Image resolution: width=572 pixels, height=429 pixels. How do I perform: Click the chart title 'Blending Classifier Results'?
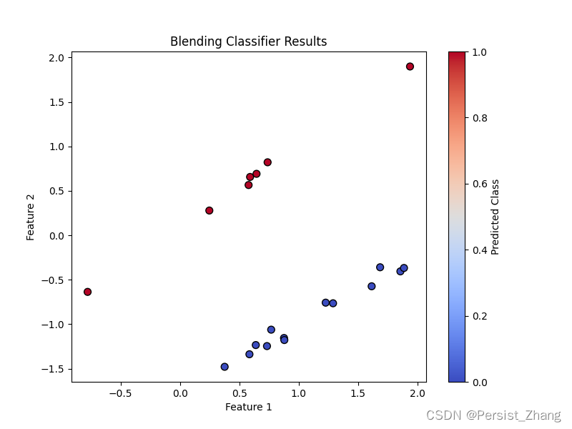click(x=248, y=41)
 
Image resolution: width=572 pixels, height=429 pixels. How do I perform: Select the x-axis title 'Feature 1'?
click(x=248, y=407)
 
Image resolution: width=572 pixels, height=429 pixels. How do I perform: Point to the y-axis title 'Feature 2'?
click(x=31, y=217)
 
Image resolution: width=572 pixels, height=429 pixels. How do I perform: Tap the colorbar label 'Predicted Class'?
click(x=495, y=217)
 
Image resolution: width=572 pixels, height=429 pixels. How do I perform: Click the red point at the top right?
click(x=410, y=66)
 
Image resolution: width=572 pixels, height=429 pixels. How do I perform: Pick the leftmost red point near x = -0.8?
click(x=87, y=292)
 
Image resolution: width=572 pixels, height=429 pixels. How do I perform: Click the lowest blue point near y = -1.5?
click(x=225, y=367)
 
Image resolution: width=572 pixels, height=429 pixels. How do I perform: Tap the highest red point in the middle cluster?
click(x=267, y=162)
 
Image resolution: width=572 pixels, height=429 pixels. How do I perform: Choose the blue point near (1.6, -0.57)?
click(x=371, y=286)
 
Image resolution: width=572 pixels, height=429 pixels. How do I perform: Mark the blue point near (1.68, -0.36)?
click(x=380, y=267)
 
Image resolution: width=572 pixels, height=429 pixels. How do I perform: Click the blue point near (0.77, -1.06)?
click(x=271, y=330)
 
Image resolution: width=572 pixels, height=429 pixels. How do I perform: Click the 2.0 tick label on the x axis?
click(x=418, y=393)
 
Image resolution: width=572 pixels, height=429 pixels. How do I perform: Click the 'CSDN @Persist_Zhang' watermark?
click(x=493, y=415)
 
